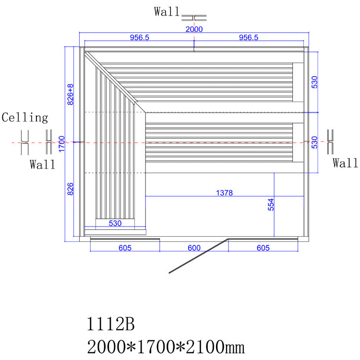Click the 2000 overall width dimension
[x=194, y=29]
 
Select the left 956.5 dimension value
[x=139, y=37]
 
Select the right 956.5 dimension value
[x=249, y=37]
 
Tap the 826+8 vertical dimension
[x=70, y=95]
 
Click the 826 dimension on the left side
[x=70, y=189]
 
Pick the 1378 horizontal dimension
[x=224, y=193]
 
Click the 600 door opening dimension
[x=193, y=248]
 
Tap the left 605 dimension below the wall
[x=125, y=248]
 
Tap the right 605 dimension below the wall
[x=263, y=248]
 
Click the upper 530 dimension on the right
[x=315, y=82]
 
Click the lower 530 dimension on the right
[x=315, y=143]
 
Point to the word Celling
[x=25, y=118]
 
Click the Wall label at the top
[x=168, y=12]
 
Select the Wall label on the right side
[x=346, y=164]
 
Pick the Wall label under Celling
[x=43, y=165]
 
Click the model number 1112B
[x=110, y=325]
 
